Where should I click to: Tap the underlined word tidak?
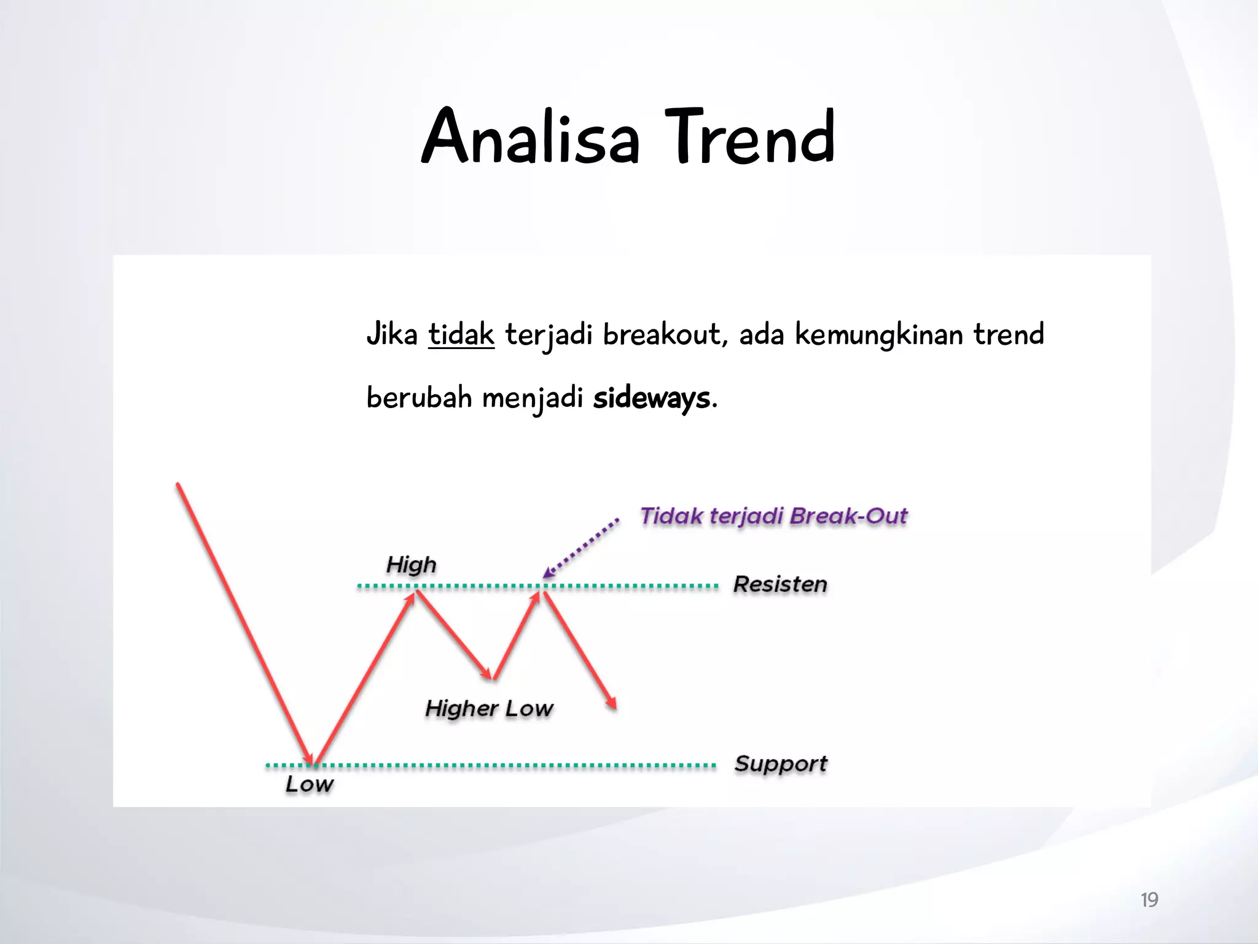point(461,335)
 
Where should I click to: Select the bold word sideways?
point(651,398)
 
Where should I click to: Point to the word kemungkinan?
point(879,335)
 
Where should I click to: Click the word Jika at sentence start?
point(391,335)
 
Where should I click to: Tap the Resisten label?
point(780,584)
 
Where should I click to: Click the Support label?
point(781,763)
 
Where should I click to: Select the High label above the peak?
point(411,564)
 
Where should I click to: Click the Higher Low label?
point(489,708)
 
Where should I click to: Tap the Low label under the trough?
point(310,784)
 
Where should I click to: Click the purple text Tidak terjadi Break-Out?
point(773,516)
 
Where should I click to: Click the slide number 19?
point(1149,900)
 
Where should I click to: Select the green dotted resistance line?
point(633,586)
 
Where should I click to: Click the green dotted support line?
point(522,766)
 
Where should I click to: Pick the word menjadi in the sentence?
point(532,398)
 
